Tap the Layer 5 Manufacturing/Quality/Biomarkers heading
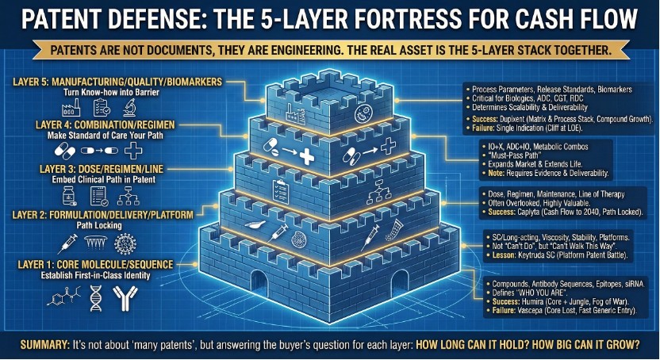coord(117,82)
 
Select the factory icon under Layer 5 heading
coord(71,108)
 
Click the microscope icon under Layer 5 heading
coord(129,108)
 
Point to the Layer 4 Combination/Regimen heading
coord(106,125)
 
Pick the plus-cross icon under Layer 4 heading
coord(133,151)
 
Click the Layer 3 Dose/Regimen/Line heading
coord(102,169)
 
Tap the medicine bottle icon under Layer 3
coord(69,196)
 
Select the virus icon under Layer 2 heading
coord(125,244)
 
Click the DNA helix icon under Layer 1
coord(96,298)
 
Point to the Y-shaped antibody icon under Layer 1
coord(125,298)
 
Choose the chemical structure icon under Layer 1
coord(63,297)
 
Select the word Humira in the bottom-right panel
coord(534,301)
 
